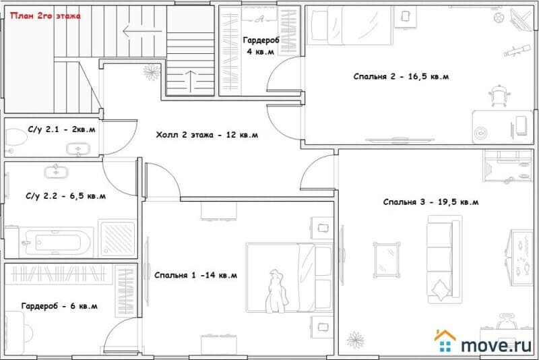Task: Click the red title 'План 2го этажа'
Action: coord(45,16)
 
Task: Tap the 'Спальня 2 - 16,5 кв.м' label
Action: coord(401,76)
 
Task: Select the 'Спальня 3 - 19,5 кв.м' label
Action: coord(431,202)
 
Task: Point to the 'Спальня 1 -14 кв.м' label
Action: coord(195,275)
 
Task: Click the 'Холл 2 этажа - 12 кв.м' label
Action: coord(207,135)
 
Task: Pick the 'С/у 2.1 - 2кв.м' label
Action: coord(61,129)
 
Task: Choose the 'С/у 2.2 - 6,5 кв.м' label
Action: coord(65,196)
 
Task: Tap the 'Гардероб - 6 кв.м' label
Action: coord(59,305)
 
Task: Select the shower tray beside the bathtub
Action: coord(117,238)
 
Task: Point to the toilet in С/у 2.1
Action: coord(15,138)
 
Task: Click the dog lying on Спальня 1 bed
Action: coord(276,292)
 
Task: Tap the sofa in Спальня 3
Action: coord(444,260)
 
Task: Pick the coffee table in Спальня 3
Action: coord(387,260)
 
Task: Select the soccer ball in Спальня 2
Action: coord(499,18)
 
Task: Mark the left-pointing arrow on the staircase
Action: coord(142,31)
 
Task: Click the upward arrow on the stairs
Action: coord(191,82)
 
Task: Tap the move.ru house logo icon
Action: coord(445,340)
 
